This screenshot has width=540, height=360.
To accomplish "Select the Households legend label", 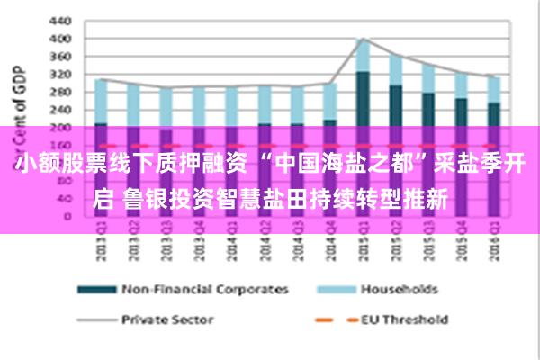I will point(399,290).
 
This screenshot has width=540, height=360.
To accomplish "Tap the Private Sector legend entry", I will point(167,319).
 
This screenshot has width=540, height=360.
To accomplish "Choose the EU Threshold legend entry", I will point(402,319).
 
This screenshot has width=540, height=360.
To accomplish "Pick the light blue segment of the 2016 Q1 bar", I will point(493,89).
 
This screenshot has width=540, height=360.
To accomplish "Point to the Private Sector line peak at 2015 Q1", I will point(362,39).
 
